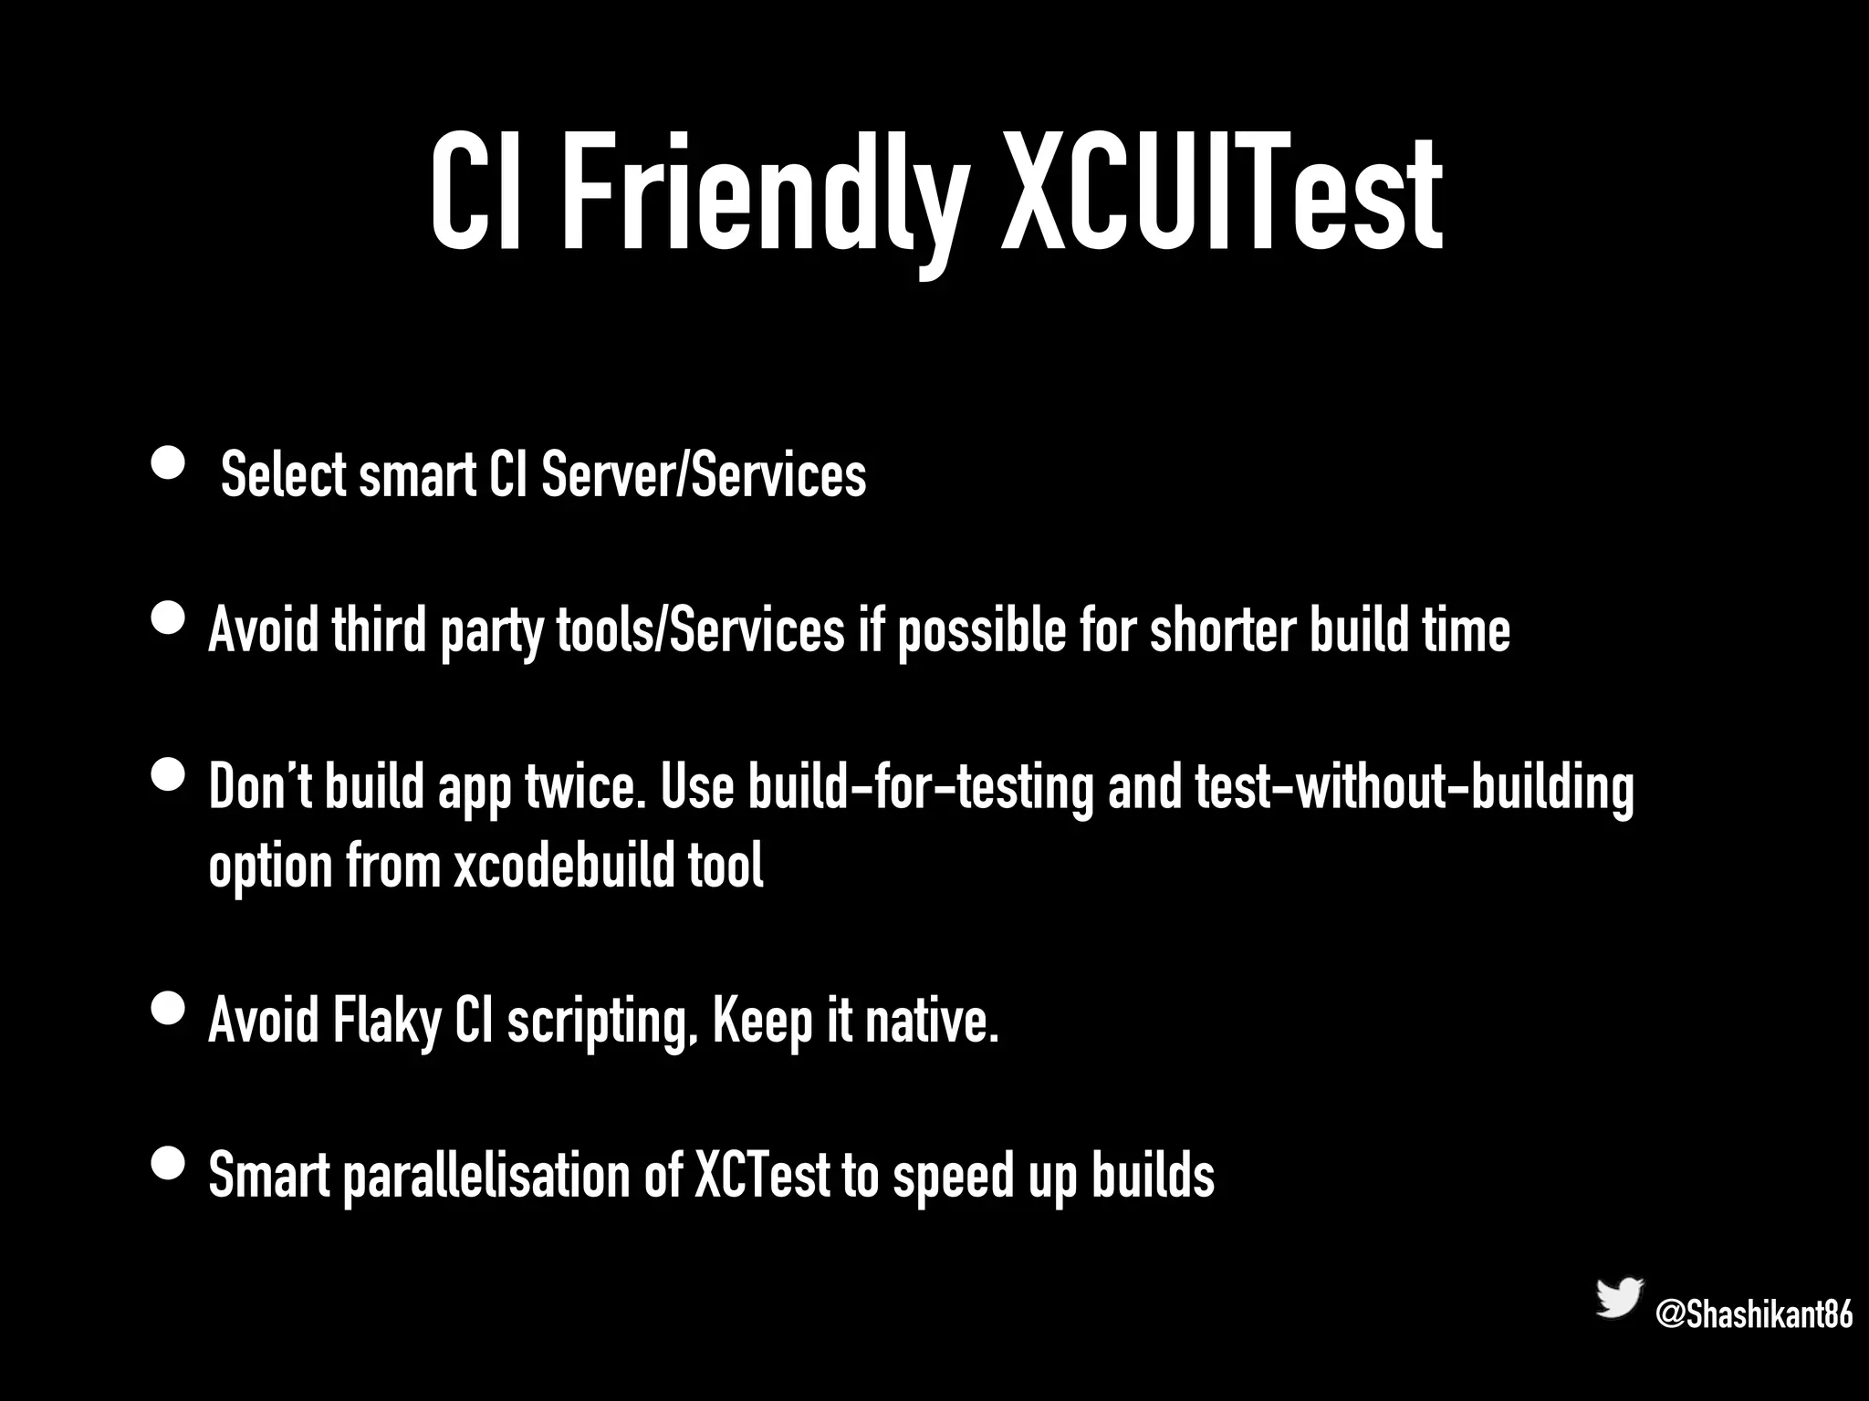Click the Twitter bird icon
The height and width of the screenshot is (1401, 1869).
[x=1619, y=1297]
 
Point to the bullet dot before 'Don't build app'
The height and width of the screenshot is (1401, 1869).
[x=170, y=777]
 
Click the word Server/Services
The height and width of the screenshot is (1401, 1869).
[x=704, y=475]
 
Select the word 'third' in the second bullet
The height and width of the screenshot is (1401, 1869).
[x=379, y=630]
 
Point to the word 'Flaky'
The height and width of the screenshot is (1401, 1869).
[x=387, y=1021]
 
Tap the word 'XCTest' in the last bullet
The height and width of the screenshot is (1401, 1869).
[x=762, y=1177]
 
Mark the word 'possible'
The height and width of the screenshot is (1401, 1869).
[x=981, y=632]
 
